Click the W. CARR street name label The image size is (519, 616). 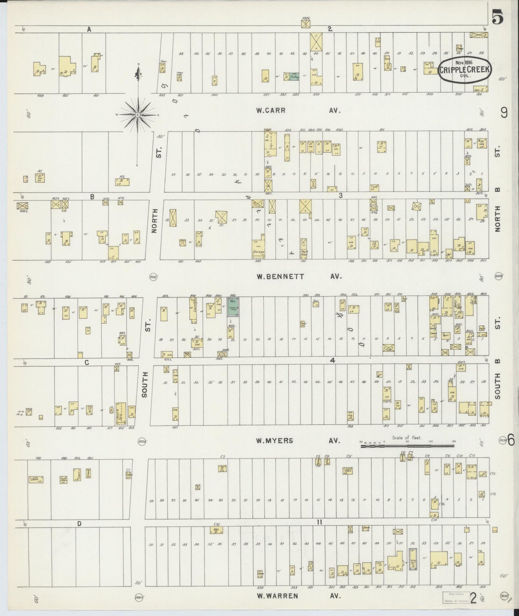pos(271,111)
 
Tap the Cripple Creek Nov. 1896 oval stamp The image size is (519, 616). pos(465,70)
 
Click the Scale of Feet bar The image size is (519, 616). pos(407,446)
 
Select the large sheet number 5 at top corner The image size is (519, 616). pos(497,17)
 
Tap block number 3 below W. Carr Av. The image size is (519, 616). pos(340,196)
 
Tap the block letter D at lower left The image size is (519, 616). pos(79,524)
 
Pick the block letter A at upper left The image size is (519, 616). pos(89,30)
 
